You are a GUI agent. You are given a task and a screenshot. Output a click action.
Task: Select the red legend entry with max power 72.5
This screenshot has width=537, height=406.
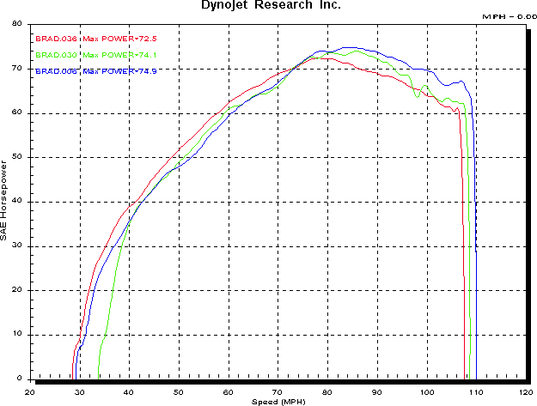pos(95,39)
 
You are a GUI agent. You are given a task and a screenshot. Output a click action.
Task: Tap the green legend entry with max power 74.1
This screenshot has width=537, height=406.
pos(95,55)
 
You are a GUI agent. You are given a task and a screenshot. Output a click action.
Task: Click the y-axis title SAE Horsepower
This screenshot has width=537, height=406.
pos(5,198)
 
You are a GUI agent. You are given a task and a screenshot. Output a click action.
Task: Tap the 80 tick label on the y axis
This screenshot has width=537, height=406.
pos(16,24)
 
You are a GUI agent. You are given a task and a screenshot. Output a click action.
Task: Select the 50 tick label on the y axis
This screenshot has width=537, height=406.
pos(16,157)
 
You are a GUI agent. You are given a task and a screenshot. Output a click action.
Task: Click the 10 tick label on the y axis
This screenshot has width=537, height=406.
pos(16,335)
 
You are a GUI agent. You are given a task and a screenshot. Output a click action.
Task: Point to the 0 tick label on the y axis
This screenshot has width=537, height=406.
pos(19,379)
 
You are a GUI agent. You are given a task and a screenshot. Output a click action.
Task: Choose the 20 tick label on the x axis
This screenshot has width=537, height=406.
pos(30,391)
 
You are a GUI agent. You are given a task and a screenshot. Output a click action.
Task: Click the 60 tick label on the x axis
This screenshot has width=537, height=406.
pos(229,391)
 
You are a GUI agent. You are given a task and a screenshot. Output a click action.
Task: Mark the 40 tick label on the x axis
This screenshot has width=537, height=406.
pos(130,391)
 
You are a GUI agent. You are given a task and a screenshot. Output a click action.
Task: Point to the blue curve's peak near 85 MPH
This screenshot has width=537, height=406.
pos(348,48)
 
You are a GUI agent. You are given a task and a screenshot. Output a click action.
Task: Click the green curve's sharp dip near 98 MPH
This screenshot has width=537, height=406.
pos(418,97)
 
